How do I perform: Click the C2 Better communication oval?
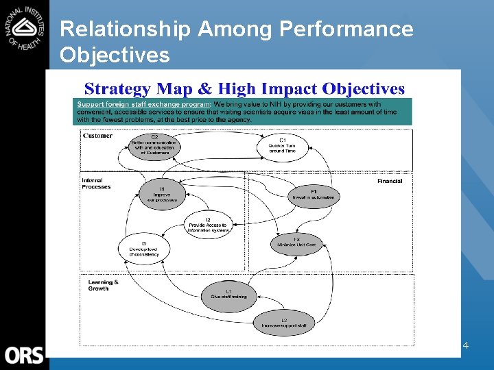point(154,145)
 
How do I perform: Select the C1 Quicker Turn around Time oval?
point(283,145)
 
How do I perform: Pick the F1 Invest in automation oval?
point(314,195)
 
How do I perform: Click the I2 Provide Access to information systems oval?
point(209,225)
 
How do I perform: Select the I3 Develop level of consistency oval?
point(143,248)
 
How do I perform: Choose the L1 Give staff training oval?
point(228,295)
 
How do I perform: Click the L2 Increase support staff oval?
point(284,323)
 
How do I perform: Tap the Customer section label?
point(97,136)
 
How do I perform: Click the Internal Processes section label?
point(96,184)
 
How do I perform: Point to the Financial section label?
point(389,181)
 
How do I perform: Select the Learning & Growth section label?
point(103,285)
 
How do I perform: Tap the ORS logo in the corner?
point(24,355)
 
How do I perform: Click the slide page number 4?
point(465,346)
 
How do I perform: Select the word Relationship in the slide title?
point(125,29)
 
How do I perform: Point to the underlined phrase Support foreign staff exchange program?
point(144,104)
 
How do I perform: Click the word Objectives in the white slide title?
point(115,54)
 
